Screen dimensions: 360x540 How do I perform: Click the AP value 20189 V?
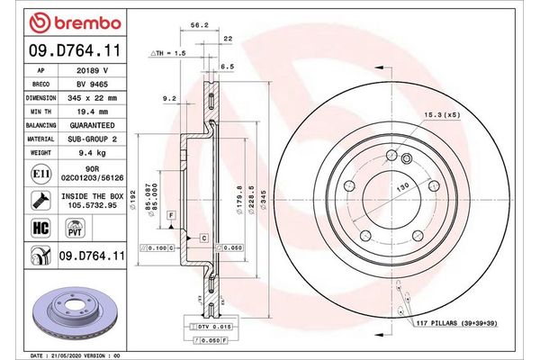click(x=94, y=69)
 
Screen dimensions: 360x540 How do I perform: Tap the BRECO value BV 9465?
click(x=94, y=83)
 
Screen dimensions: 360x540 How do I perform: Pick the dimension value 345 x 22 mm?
click(x=94, y=96)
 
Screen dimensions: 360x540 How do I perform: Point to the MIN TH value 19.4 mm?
click(x=94, y=109)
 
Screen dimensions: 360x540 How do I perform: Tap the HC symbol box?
click(x=40, y=229)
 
